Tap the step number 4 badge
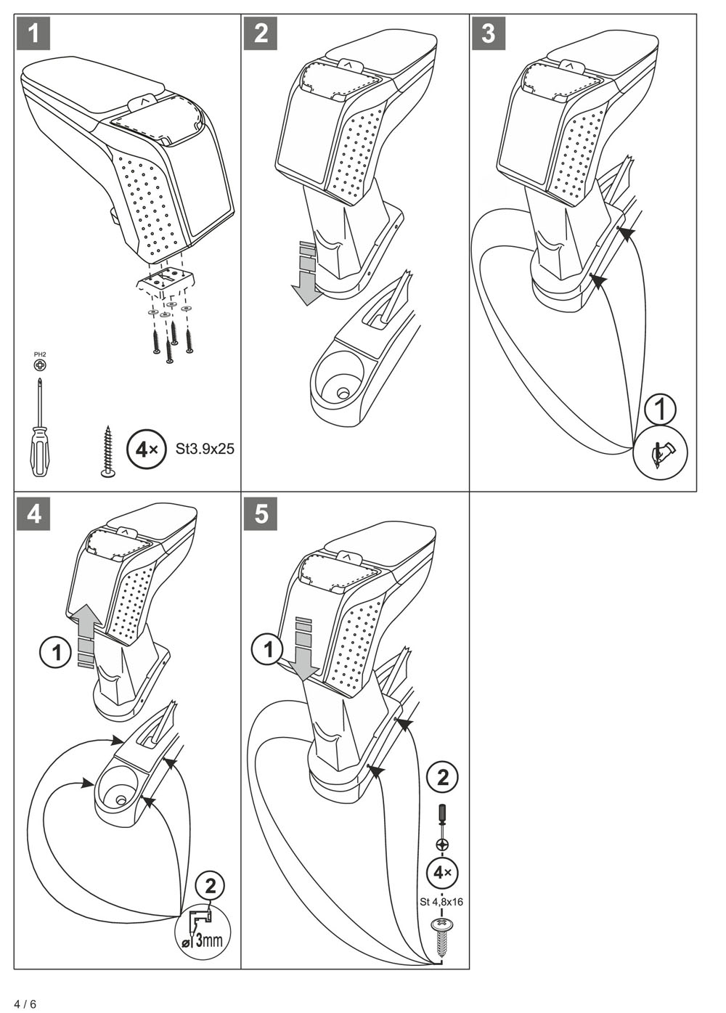coord(33,513)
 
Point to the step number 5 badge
coord(261,513)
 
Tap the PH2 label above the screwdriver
coord(39,354)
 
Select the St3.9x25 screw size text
coord(205,449)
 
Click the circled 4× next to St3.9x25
coord(145,449)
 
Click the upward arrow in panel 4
coord(86,631)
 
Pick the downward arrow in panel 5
coord(306,649)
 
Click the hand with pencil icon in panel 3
coord(661,454)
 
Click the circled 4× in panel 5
coord(442,871)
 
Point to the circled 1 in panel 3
coord(660,409)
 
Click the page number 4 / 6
coord(25,1004)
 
